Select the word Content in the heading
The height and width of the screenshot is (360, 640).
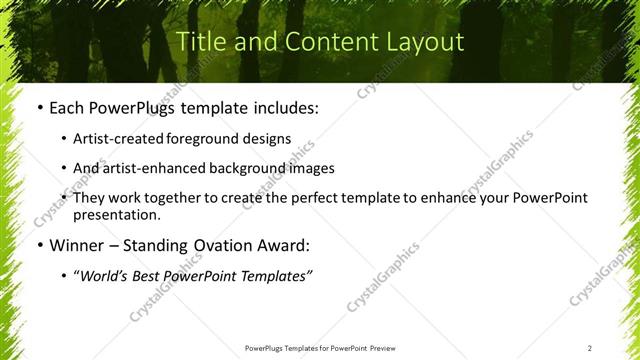coord(321,42)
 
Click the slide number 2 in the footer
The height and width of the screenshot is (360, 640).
coord(590,347)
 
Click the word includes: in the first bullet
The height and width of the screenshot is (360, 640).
coord(286,107)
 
